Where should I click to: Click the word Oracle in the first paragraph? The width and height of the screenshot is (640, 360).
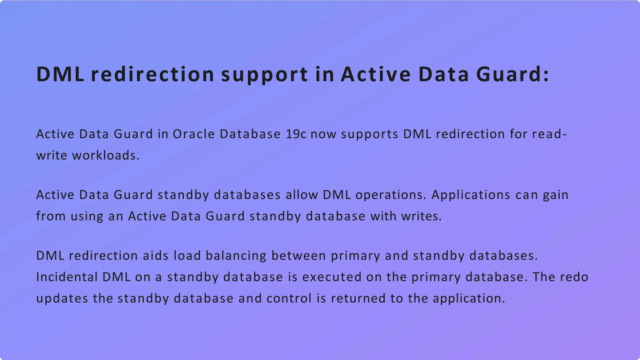(193, 134)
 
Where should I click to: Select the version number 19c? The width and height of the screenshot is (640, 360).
(296, 134)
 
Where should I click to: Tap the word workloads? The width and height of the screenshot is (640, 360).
(105, 155)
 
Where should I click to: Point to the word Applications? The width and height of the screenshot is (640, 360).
(471, 195)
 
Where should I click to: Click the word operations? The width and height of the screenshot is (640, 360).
(391, 195)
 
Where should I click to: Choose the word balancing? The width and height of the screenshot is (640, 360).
(236, 256)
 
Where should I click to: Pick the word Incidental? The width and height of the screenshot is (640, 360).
(67, 277)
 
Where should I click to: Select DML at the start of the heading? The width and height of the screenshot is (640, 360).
(60, 75)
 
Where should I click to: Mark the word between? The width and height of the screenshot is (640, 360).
(298, 256)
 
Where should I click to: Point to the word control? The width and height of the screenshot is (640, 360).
(289, 298)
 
